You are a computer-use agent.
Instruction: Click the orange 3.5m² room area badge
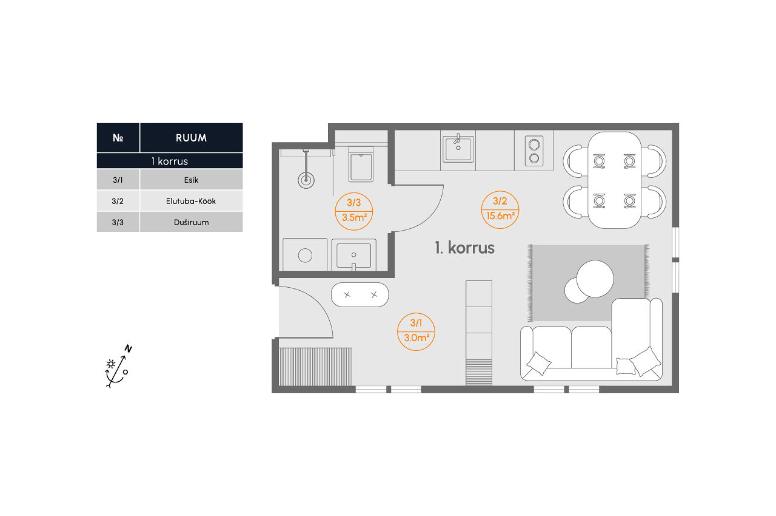pos(353,211)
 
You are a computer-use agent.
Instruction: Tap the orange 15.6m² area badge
pos(500,210)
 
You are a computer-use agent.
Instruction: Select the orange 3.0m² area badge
pos(416,332)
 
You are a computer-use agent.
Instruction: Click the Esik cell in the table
pos(191,180)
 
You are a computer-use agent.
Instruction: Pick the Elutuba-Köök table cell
pos(191,201)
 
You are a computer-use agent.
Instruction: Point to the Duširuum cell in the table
pos(191,222)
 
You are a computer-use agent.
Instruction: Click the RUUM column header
pos(191,138)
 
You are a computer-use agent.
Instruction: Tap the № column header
pos(118,138)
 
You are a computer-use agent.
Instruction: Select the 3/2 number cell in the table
pos(118,201)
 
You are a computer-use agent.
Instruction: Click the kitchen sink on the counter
pos(458,149)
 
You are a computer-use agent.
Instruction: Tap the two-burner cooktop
pos(534,151)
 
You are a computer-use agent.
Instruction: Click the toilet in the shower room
pos(361,164)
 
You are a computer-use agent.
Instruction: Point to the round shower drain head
pos(306,180)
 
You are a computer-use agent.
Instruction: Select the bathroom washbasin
pos(353,254)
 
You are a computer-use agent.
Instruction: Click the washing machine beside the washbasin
pos(305,254)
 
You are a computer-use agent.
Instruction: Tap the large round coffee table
pos(595,279)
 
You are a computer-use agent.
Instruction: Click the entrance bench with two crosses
pos(360,295)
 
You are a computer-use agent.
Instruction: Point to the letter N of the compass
pos(128,348)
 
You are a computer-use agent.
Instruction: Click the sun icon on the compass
pos(111,364)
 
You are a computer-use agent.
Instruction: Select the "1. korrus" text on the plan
pos(464,248)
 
